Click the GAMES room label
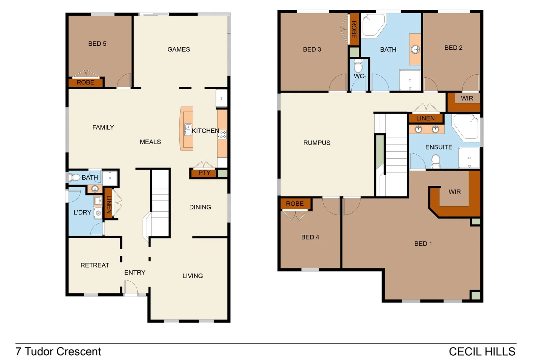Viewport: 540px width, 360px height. coord(179,49)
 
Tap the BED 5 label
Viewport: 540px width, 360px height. coord(97,44)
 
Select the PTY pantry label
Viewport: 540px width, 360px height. coord(204,173)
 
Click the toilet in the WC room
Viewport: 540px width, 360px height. coord(358,66)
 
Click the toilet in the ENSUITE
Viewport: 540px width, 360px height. coord(436,160)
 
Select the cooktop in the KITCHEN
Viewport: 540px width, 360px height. coord(222,134)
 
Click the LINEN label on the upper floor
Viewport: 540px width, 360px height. coord(425,118)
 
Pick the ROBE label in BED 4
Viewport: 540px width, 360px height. coord(295,204)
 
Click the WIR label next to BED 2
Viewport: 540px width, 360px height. coord(467,98)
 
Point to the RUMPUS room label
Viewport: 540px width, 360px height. coord(317,143)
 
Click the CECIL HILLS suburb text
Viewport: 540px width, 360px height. coord(482,352)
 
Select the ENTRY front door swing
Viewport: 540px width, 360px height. coord(131,288)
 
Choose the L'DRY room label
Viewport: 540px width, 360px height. coord(82,212)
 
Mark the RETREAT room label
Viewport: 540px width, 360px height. coord(94,265)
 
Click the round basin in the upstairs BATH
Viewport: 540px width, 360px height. coord(415,49)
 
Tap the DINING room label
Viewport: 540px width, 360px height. coord(200,207)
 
